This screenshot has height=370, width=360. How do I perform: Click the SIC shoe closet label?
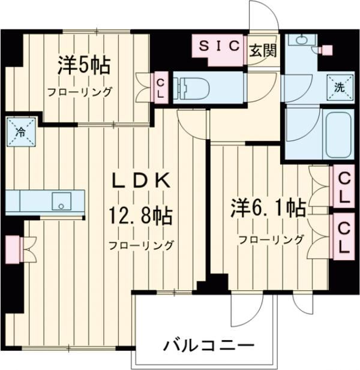click(220, 45)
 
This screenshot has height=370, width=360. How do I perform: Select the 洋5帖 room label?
click(84, 65)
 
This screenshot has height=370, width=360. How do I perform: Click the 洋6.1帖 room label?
click(269, 207)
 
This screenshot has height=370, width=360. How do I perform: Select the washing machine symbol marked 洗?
click(339, 87)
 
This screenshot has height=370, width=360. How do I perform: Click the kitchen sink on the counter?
click(61, 201)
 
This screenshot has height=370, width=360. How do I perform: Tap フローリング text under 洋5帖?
click(81, 92)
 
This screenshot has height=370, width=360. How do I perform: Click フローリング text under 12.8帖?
click(141, 245)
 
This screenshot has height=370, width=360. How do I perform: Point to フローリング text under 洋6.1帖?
click(271, 240)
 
